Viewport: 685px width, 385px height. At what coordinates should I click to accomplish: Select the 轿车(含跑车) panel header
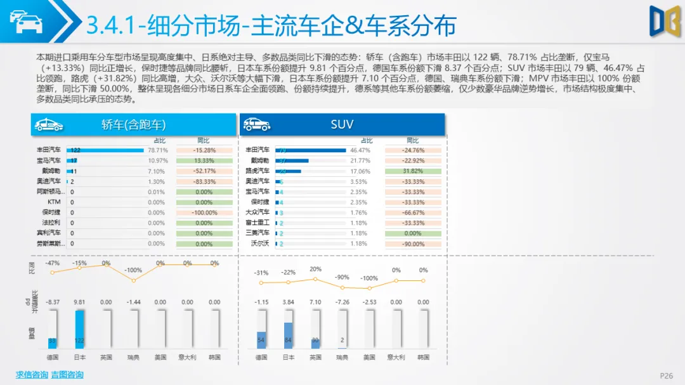pos(134,124)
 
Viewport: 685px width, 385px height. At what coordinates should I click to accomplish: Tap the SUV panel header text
pos(342,124)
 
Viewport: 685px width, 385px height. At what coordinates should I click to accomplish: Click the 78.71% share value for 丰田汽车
pos(157,150)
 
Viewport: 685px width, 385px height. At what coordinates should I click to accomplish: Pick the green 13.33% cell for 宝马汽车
pos(204,160)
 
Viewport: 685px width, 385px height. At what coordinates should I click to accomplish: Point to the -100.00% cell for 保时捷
pos(204,212)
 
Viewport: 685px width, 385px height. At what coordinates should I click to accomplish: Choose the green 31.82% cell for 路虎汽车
pos(412,171)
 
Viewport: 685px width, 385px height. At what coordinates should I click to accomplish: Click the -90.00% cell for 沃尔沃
pos(412,244)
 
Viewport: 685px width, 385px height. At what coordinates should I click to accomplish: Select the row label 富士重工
pos(258,223)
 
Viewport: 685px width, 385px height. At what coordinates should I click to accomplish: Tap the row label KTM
pos(54,202)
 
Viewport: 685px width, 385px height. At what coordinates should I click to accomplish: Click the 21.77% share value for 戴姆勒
pos(360,160)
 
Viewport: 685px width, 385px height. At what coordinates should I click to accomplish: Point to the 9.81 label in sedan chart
pos(79,302)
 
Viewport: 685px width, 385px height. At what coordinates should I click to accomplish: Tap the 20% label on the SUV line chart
pos(315,269)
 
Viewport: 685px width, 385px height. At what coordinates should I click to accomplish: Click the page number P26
pos(666,375)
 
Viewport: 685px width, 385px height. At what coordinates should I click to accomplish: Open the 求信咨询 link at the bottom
pos(32,375)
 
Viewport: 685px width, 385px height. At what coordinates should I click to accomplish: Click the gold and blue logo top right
pos(665,21)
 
